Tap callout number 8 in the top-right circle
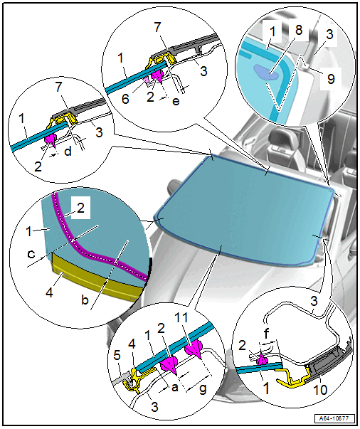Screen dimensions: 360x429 [299, 29]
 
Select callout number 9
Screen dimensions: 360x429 [331, 79]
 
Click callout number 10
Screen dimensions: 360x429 [319, 389]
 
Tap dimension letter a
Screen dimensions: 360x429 [174, 387]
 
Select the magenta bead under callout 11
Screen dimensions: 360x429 [194, 349]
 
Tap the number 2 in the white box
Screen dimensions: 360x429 [80, 208]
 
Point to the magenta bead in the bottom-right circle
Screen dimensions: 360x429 [262, 359]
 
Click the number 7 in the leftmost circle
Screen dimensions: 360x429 [59, 87]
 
